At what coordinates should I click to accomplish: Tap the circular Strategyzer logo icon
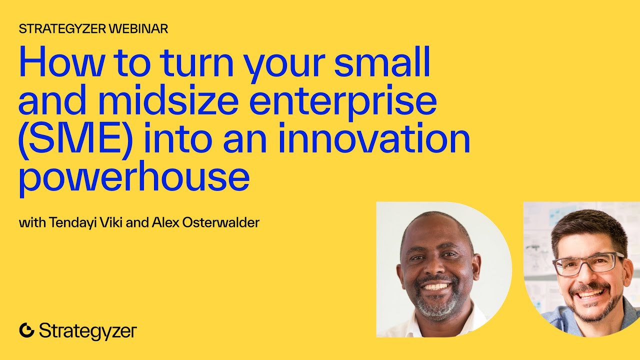[x=26, y=330]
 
